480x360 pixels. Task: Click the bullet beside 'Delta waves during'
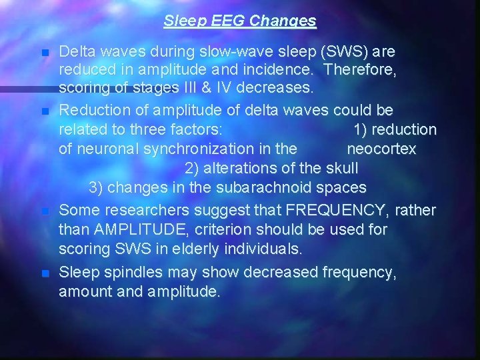tap(45, 53)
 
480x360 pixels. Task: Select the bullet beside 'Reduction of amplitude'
tap(45, 111)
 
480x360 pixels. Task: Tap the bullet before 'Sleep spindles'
tap(45, 273)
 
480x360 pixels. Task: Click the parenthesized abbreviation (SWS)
tap(349, 51)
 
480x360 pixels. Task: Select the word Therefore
tap(363, 69)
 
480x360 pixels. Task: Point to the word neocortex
tap(381, 149)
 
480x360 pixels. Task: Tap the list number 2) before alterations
tap(192, 168)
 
